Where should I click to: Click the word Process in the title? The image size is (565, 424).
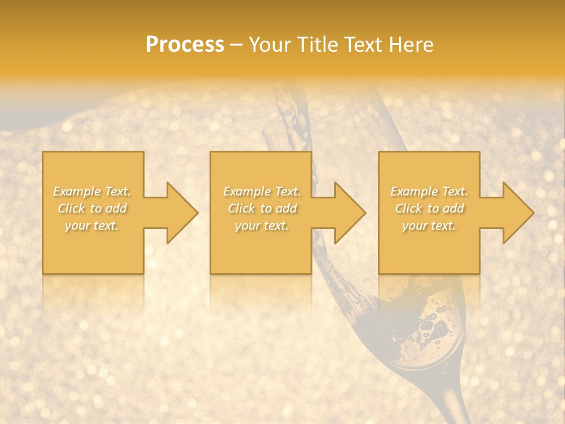tap(185, 44)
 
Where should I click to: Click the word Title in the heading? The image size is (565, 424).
tap(317, 44)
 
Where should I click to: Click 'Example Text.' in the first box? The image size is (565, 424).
tap(92, 191)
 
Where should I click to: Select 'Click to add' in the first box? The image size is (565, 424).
tap(92, 208)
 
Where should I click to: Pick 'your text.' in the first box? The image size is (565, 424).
tap(92, 226)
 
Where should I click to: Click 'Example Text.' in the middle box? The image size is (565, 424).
tap(262, 191)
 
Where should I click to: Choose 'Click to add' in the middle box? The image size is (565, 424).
tap(262, 208)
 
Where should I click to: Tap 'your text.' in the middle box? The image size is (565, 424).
tap(262, 226)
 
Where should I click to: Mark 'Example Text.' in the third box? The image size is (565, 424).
tap(429, 191)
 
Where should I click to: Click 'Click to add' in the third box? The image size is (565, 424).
tap(429, 208)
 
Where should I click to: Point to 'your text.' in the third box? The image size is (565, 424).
tap(429, 226)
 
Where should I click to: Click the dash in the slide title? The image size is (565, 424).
tap(236, 45)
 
